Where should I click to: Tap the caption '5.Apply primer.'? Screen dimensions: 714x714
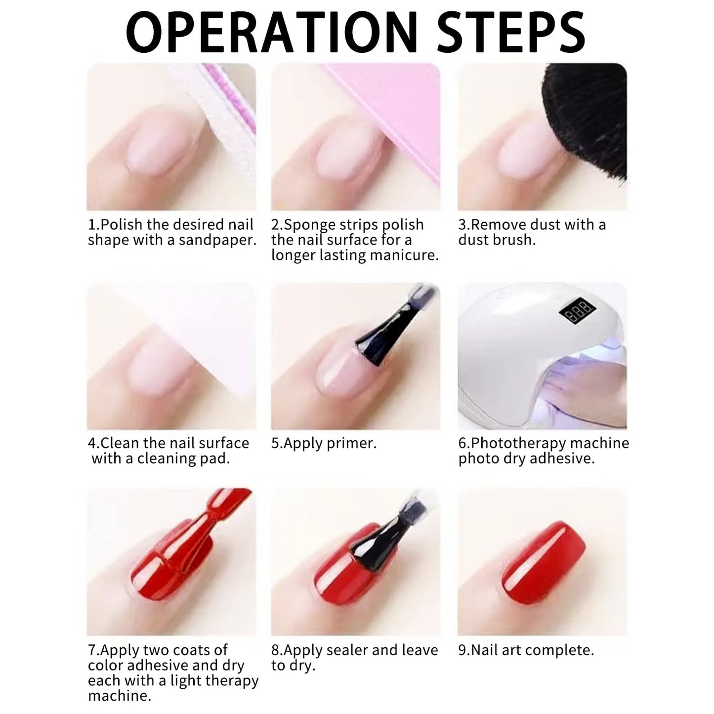click(x=324, y=444)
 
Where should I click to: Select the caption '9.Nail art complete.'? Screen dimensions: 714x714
click(x=526, y=650)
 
